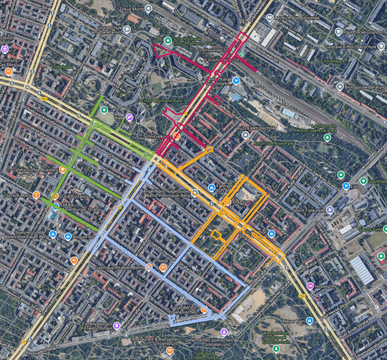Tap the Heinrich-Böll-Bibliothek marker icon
[x=269, y=17]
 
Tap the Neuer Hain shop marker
[x=310, y=321]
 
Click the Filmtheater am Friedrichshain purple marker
[x=117, y=324]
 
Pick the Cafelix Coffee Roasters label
[x=35, y=170]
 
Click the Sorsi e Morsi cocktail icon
[x=36, y=195]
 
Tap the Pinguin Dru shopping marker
[x=68, y=236]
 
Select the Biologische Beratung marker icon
[x=340, y=87]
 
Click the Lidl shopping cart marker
[x=345, y=185]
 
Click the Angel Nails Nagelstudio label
[x=167, y=192]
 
